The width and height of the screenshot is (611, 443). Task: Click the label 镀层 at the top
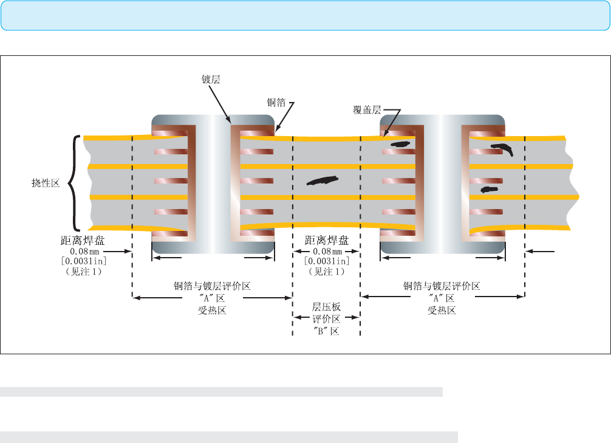pos(211,80)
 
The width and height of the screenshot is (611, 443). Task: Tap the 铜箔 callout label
pos(276,103)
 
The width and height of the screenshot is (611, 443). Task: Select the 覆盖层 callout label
pos(367,110)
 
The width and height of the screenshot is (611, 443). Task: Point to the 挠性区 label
pos(46,183)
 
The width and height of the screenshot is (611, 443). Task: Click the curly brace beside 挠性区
pos(75,184)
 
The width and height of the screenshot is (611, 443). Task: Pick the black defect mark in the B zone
pos(323,180)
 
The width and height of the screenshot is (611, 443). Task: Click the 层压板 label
pos(326,307)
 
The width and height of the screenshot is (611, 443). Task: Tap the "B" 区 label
pos(326,331)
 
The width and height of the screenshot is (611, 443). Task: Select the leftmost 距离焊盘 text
pos(83,240)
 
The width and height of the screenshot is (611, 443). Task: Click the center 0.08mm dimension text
pos(327,252)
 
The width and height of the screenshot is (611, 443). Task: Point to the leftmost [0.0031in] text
pos(84,261)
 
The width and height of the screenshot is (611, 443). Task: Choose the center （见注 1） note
pos(327,272)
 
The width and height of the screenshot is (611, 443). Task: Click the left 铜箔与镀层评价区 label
pos(212,286)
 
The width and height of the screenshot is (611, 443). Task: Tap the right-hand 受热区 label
pos(442,311)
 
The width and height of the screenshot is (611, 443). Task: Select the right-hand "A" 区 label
pos(442,298)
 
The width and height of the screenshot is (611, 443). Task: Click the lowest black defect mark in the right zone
pos(489,190)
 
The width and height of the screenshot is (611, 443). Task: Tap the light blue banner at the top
pos(305,16)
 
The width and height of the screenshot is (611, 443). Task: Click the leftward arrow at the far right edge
pos(540,252)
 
